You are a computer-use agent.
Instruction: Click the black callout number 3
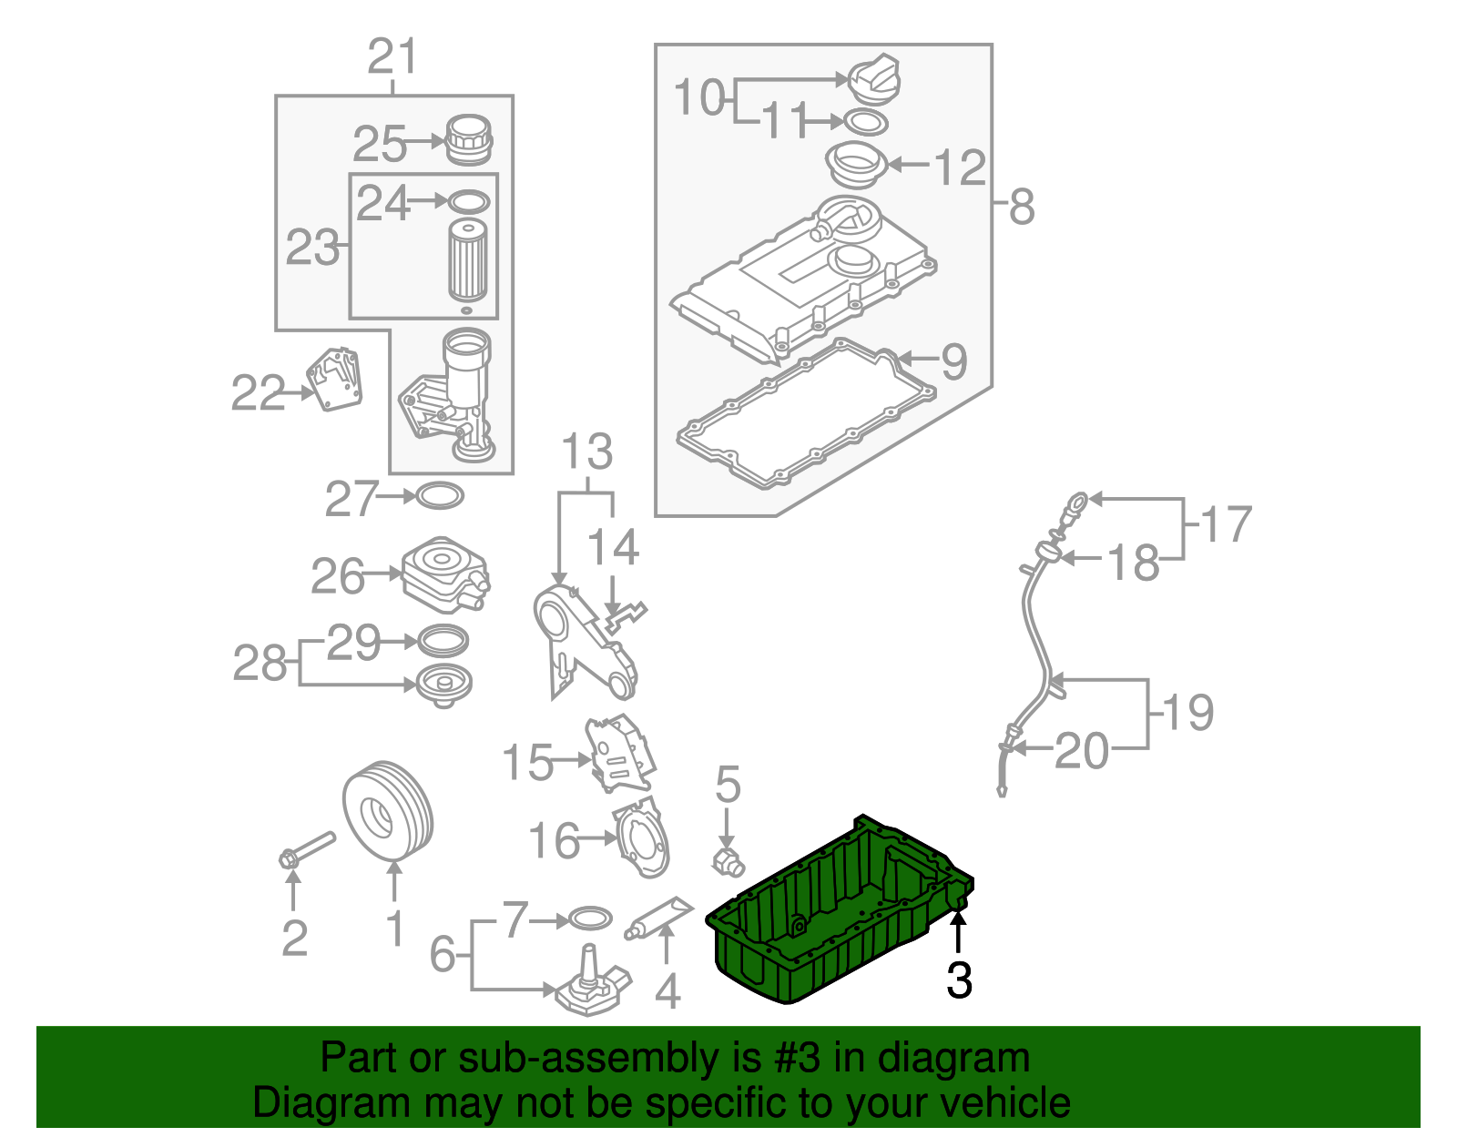959,980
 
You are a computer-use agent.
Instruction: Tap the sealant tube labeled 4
659,915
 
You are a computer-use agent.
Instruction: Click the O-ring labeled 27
440,496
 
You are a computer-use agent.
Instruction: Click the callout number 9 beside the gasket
953,361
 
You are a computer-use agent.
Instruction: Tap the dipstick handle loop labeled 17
1077,500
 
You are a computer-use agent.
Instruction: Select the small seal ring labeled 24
469,201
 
